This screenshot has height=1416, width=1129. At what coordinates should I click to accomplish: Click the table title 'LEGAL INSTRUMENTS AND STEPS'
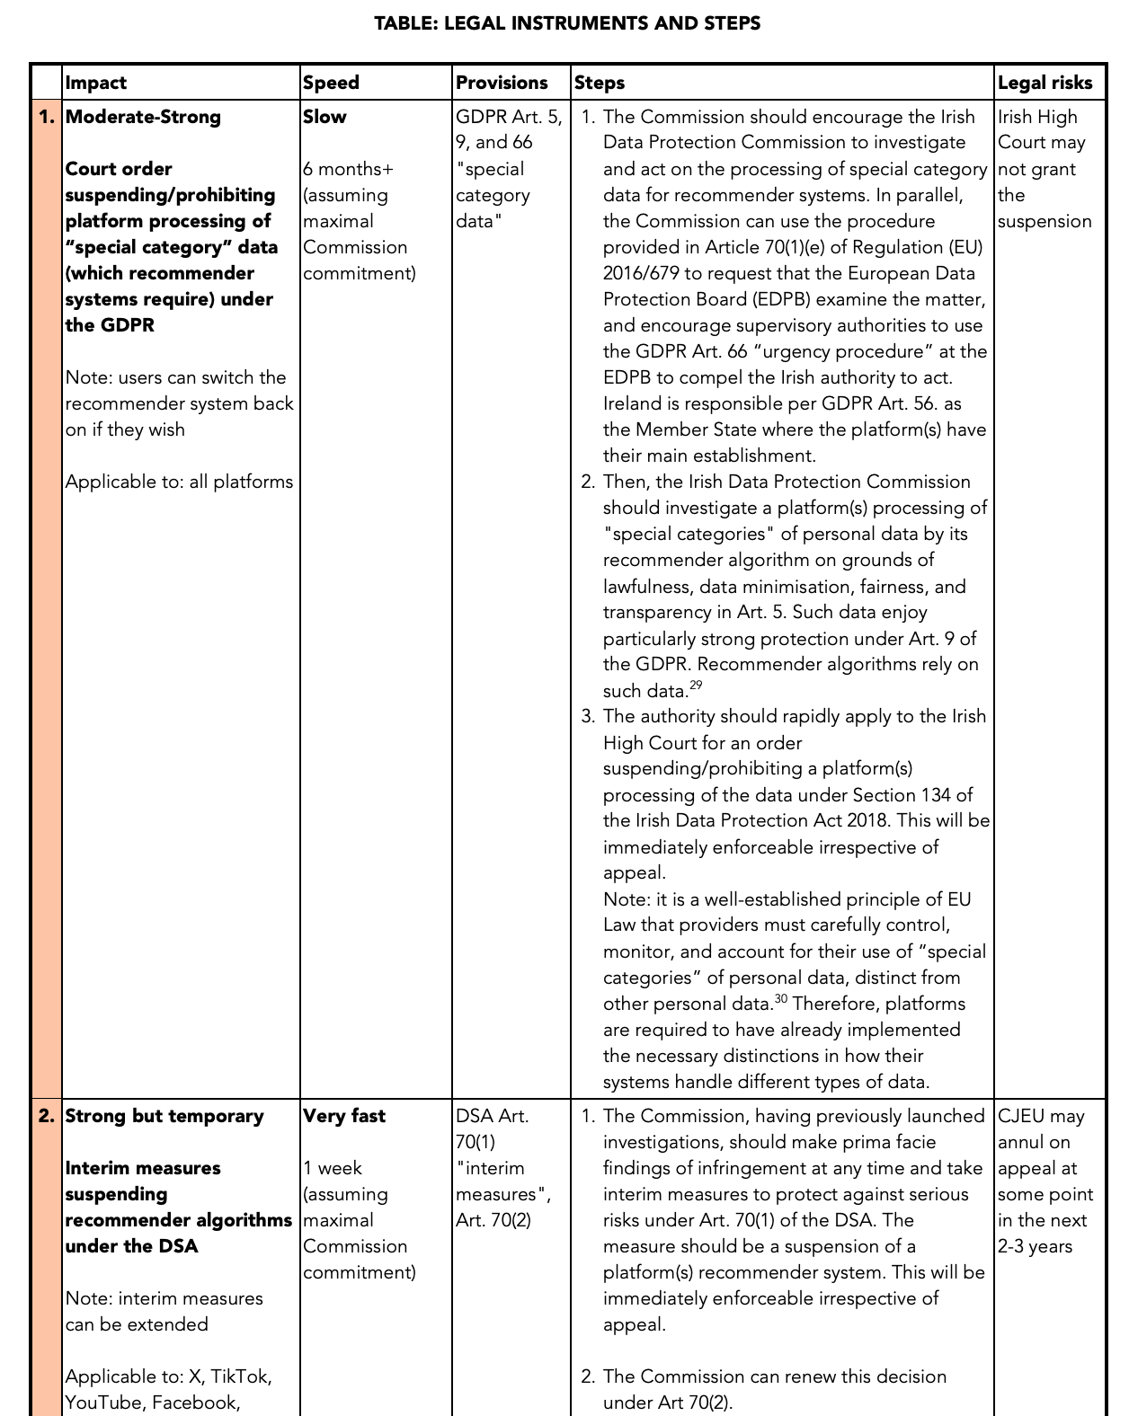tap(567, 23)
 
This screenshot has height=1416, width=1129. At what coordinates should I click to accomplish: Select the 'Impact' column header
tap(96, 83)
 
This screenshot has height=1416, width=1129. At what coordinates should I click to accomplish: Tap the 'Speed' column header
tap(331, 83)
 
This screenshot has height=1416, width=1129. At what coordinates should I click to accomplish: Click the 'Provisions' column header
tap(502, 83)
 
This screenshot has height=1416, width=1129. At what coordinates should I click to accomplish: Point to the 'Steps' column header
tap(600, 83)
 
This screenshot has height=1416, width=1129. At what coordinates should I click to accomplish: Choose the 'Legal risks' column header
tap(1045, 83)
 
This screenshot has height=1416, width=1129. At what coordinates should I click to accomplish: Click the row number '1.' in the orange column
tap(47, 117)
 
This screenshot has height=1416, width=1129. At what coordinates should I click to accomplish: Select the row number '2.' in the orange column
tap(47, 1116)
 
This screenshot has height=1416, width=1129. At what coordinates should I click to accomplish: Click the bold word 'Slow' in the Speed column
tap(324, 117)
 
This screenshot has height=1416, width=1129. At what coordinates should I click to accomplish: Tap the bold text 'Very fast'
tap(344, 1116)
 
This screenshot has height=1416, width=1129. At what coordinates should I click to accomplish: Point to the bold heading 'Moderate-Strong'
tap(143, 117)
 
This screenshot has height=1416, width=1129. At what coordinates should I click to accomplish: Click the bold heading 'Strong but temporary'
tap(164, 1116)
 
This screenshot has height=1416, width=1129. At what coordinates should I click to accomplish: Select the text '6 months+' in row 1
tap(348, 169)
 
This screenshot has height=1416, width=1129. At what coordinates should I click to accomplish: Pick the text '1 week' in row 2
tap(333, 1168)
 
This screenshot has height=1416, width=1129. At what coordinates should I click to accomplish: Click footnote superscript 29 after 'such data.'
tap(696, 686)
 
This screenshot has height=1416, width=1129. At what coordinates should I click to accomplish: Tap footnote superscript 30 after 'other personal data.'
tap(780, 998)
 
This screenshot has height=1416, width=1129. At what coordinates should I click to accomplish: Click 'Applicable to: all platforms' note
tap(179, 482)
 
